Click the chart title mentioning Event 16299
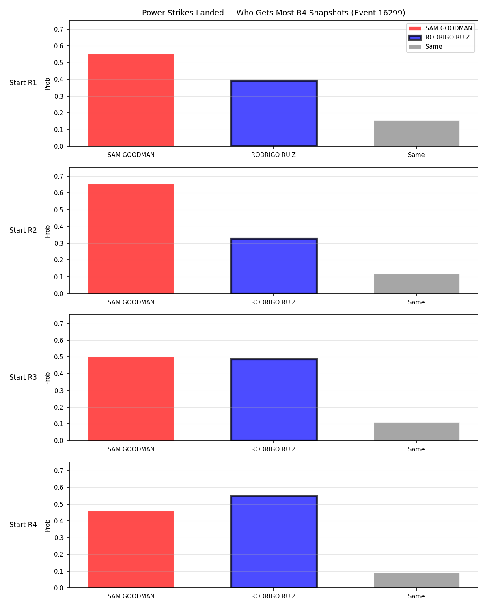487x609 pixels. (x=274, y=13)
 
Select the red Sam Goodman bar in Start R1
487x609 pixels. (x=131, y=100)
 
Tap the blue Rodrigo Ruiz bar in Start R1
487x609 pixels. (x=274, y=113)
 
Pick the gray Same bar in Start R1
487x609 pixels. (x=416, y=133)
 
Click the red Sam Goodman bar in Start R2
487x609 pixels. (x=131, y=239)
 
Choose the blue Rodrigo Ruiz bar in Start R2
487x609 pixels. (x=274, y=266)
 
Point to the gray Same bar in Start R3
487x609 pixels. (x=416, y=431)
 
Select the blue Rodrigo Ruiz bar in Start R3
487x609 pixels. (x=274, y=400)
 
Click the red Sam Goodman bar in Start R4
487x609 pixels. (x=131, y=549)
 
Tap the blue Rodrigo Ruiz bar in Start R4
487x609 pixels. (x=274, y=542)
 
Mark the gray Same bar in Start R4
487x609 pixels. (x=416, y=581)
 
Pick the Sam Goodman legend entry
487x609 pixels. (x=441, y=28)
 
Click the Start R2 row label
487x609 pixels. (x=23, y=230)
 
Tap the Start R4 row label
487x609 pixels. (x=23, y=525)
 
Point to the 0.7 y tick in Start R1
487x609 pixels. (x=59, y=29)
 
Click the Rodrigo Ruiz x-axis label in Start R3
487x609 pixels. (x=274, y=449)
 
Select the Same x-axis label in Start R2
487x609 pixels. (x=416, y=302)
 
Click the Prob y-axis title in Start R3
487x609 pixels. (x=47, y=378)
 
